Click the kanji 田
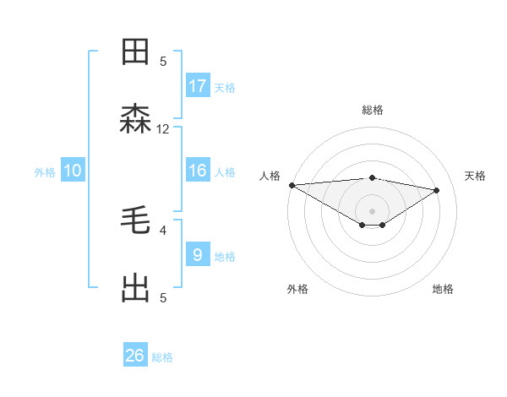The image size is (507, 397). point(136,52)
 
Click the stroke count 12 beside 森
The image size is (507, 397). point(163,129)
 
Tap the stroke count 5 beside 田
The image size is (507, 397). point(163,61)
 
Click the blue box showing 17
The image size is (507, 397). point(198,86)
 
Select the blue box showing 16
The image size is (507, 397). point(198,171)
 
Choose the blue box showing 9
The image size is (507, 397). point(198,254)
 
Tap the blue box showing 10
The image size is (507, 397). point(73,171)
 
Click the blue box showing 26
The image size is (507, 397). point(135,356)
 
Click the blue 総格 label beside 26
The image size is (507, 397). point(162,357)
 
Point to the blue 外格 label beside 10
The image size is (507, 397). point(45,172)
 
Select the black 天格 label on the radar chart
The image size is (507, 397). point(476,176)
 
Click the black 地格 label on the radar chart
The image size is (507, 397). point(443,289)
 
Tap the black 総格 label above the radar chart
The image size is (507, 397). point(373,110)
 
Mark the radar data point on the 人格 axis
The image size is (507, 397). point(292,185)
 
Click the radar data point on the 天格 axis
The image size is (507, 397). point(437,190)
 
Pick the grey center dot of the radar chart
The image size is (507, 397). point(372,210)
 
